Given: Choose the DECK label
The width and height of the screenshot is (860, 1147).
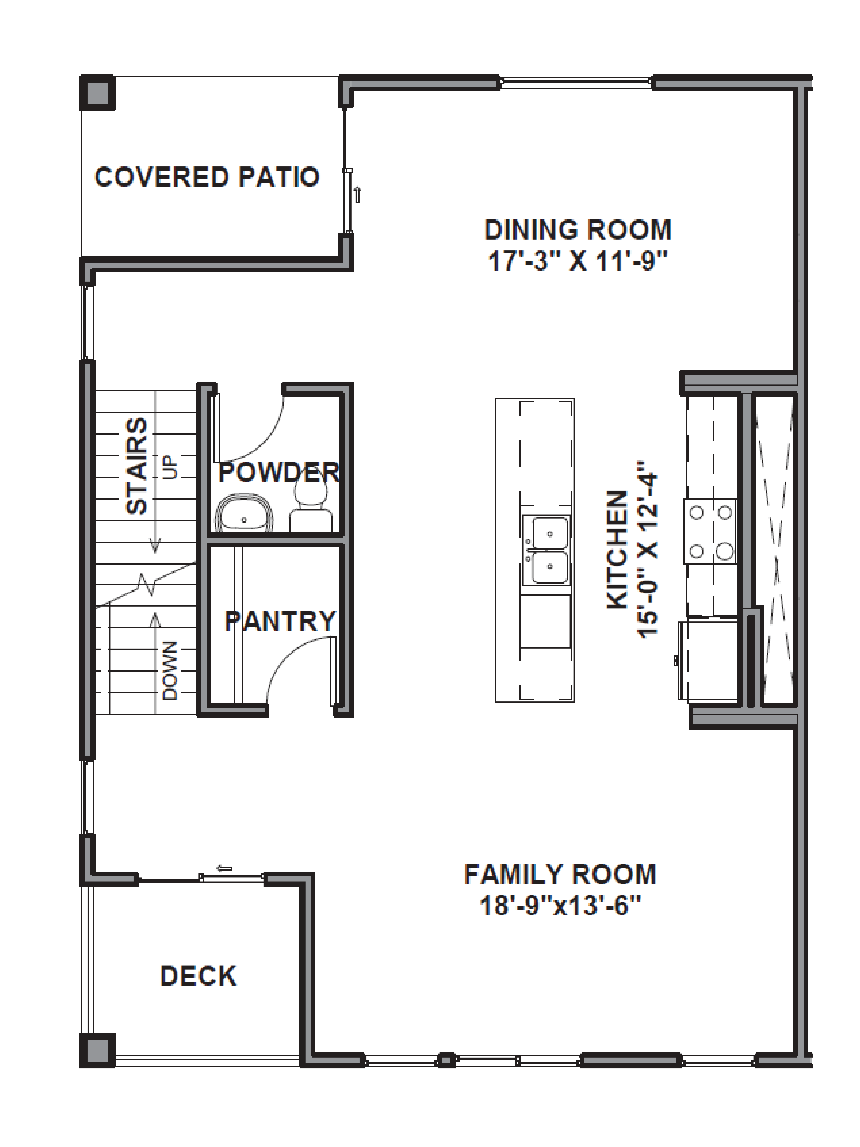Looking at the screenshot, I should point(198,976).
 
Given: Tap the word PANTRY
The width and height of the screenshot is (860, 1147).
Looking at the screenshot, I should point(280,621).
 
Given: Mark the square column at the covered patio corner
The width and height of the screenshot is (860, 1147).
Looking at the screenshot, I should point(97,93).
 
